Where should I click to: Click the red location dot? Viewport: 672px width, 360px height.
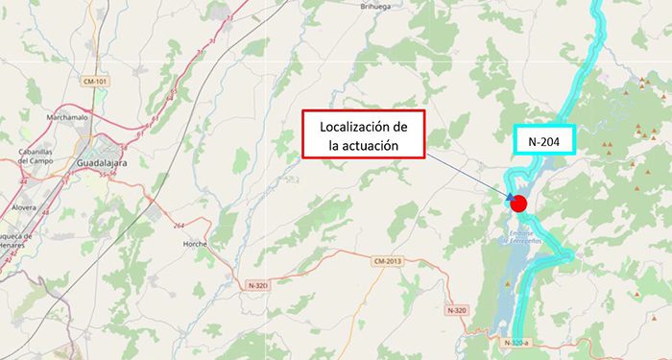[519, 203]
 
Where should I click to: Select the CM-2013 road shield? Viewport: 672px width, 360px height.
[387, 260]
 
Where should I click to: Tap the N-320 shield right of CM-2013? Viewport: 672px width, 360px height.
[457, 310]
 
